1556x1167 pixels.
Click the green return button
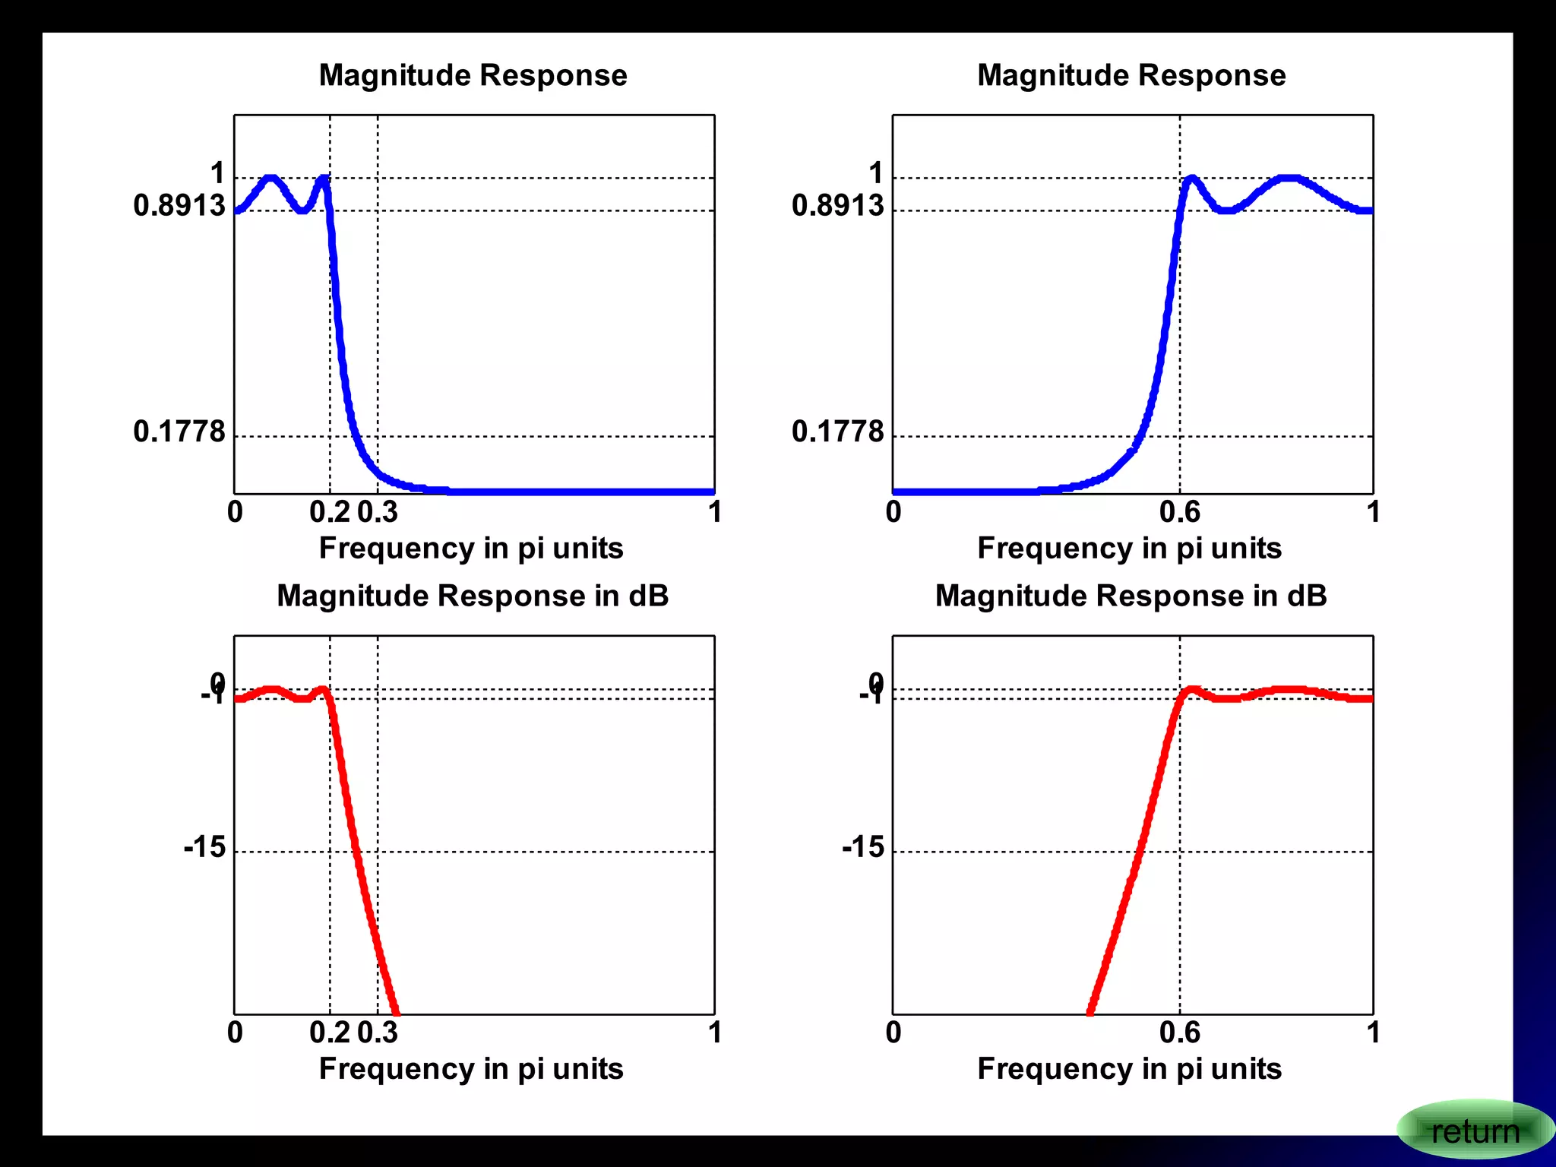click(1474, 1131)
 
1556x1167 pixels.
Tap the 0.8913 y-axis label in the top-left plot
click(179, 205)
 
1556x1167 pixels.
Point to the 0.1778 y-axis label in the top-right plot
click(837, 432)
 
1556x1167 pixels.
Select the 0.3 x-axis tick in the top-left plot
click(378, 512)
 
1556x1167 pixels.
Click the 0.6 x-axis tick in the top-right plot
click(1179, 512)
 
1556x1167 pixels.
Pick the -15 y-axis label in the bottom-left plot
click(204, 846)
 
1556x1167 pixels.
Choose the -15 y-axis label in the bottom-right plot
click(863, 846)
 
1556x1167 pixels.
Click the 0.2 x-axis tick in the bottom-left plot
click(330, 1033)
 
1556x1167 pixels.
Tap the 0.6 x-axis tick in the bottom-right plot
click(1179, 1033)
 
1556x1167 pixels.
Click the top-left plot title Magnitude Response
click(473, 75)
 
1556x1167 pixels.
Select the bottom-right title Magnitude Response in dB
click(1131, 596)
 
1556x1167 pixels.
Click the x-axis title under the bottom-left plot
click(471, 1069)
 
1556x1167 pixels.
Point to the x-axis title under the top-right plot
click(1129, 549)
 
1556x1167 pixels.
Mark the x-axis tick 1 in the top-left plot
click(714, 512)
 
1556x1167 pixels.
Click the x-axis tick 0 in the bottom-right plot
click(893, 1033)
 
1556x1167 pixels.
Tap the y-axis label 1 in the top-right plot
click(876, 173)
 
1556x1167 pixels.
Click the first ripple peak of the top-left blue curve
click(270, 179)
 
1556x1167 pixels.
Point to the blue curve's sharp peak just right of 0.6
click(1191, 179)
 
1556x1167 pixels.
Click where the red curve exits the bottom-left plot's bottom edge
click(396, 1012)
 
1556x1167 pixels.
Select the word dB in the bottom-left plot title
click(648, 596)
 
